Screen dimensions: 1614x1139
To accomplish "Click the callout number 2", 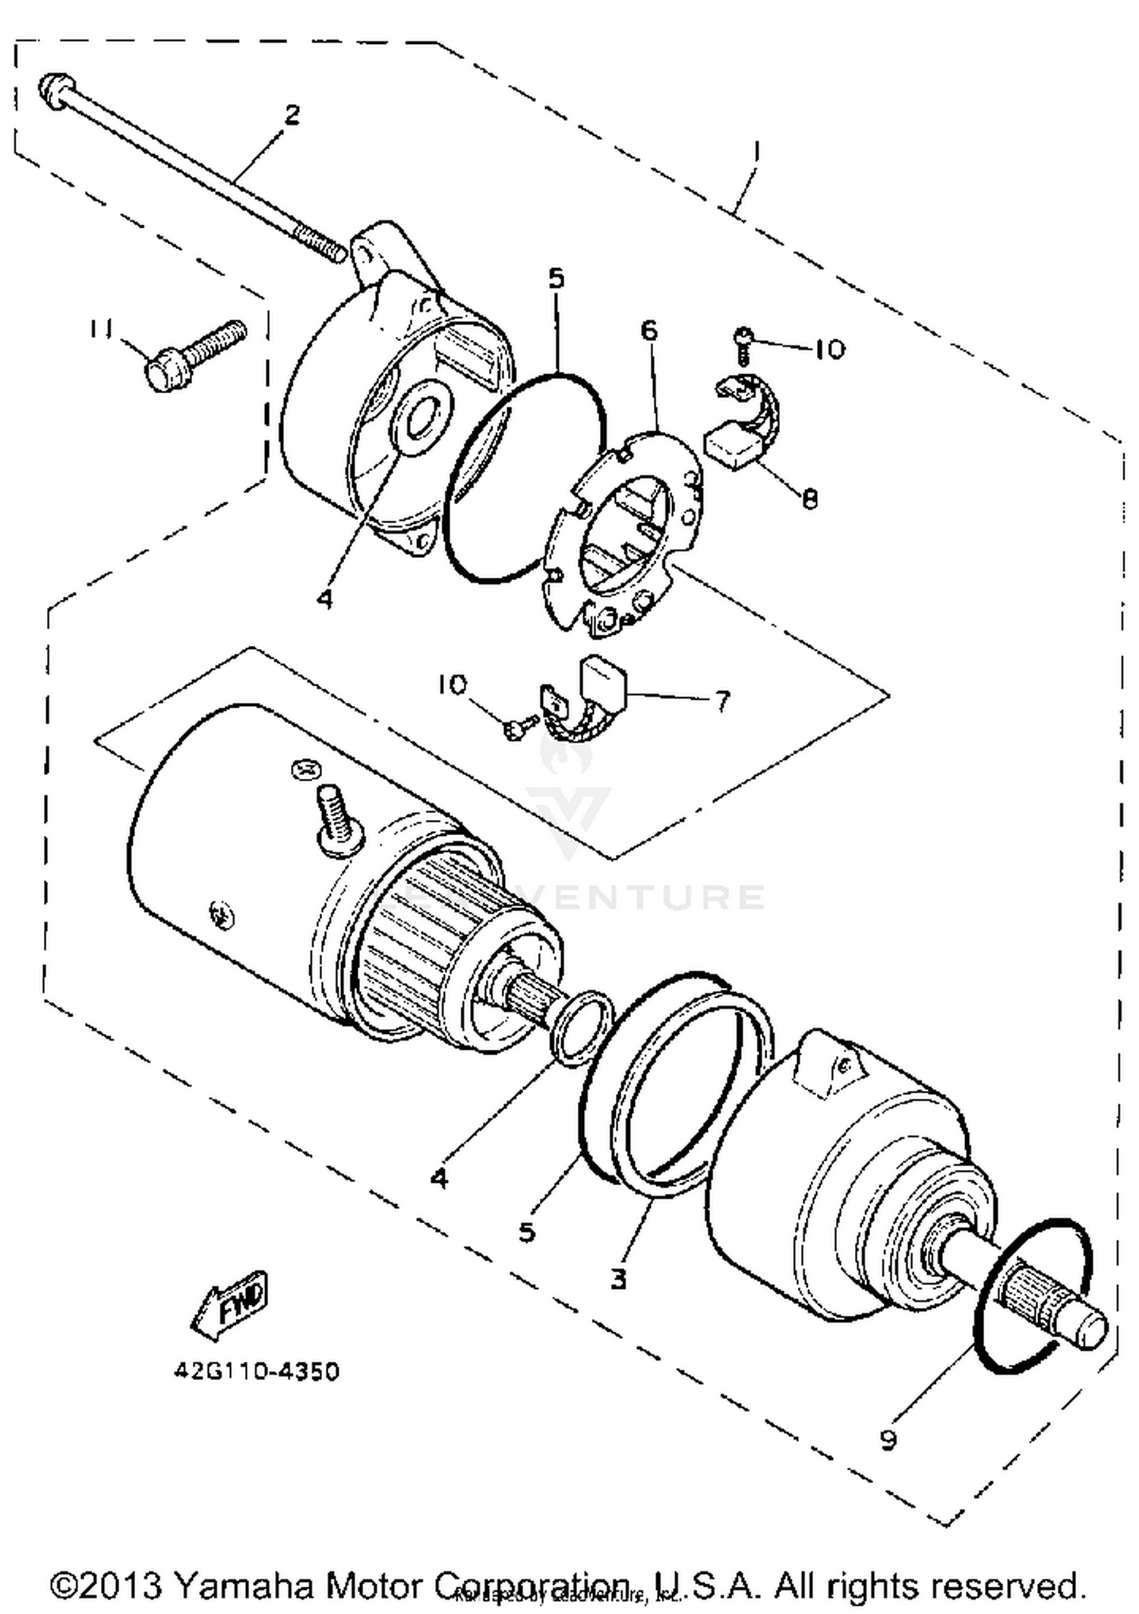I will point(292,115).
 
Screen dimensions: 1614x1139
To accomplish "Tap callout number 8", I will point(810,498).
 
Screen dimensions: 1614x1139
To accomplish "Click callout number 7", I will point(723,700).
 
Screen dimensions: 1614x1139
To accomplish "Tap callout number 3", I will point(619,1278).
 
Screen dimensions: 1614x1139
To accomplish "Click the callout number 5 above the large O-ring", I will point(557,279).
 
